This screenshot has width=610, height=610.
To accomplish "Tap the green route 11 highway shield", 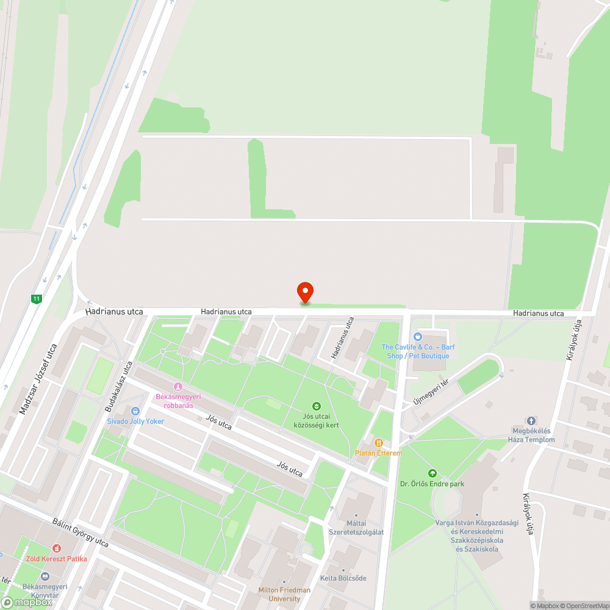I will point(37,298).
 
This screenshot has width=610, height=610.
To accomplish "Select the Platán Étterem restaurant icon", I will point(379,443).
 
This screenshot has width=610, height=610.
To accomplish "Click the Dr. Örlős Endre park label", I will point(432,484).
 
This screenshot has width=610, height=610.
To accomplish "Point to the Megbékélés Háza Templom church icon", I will point(531,421).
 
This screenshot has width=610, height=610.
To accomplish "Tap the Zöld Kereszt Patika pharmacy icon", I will point(56,548).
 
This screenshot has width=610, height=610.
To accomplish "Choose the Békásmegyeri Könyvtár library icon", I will point(44,576).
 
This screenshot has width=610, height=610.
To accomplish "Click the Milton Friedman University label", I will point(284,594).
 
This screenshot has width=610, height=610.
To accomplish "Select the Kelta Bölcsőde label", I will point(343,578).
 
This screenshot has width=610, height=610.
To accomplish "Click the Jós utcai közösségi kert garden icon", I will point(316,406).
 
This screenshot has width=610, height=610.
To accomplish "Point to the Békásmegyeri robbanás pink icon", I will point(178,386).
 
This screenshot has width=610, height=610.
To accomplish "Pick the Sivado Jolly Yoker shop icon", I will point(135,411).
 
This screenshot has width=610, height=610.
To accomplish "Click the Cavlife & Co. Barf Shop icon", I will point(418,337).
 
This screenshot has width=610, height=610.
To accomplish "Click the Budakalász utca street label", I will point(118,386).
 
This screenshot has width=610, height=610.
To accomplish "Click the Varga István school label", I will point(477,536).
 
